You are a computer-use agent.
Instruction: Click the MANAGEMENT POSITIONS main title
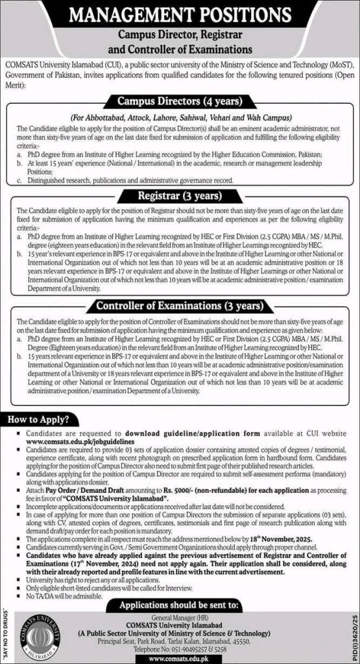click(x=180, y=14)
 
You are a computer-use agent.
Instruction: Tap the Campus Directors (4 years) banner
click(x=180, y=101)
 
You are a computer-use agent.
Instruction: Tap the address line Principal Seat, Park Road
click(x=184, y=639)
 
